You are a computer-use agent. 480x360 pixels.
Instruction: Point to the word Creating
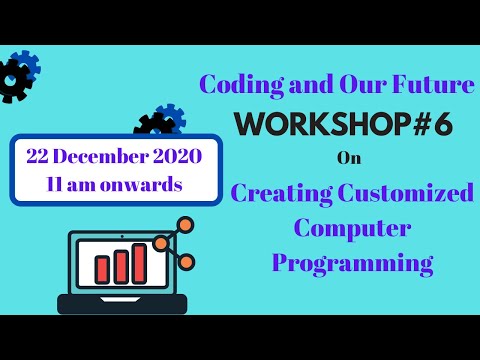coord(283,191)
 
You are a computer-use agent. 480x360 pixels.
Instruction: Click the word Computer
coord(338,227)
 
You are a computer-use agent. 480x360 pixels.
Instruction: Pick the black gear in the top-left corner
coord(12,81)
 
